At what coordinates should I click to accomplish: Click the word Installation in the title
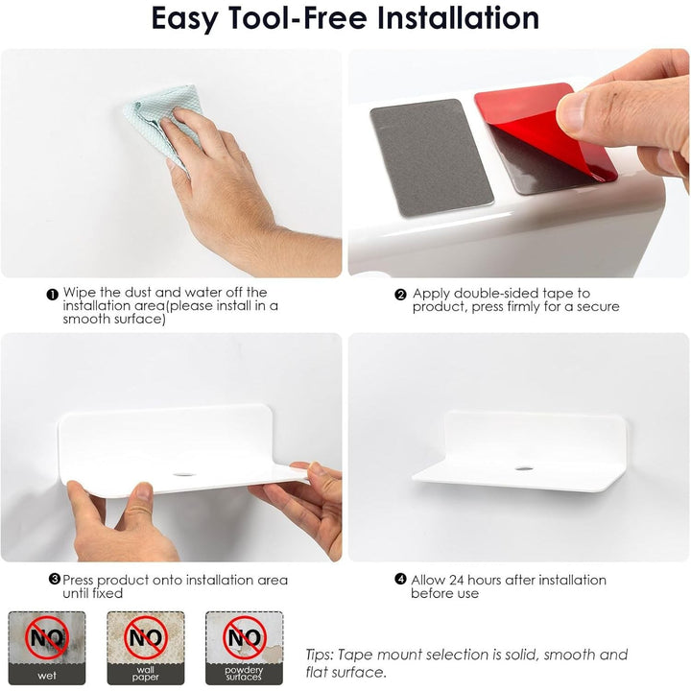coord(459,18)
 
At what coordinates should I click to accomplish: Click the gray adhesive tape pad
coord(431,157)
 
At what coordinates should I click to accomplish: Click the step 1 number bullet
coord(53,295)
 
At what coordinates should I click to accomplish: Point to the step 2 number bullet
coord(400,295)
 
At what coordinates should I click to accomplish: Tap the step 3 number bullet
coord(54,579)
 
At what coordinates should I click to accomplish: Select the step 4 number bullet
coord(400,579)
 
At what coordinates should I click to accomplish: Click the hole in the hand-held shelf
coord(184,475)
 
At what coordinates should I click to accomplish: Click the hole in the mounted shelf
coord(524,468)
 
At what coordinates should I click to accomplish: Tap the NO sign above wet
coord(47,637)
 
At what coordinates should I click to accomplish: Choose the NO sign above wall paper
coord(146,637)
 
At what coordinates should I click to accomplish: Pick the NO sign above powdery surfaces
coord(245,637)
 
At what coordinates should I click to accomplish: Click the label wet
coord(47,675)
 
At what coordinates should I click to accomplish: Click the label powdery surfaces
coord(244,674)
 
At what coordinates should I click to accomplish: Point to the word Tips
coord(320,655)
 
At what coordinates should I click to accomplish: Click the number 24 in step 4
coord(456,580)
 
